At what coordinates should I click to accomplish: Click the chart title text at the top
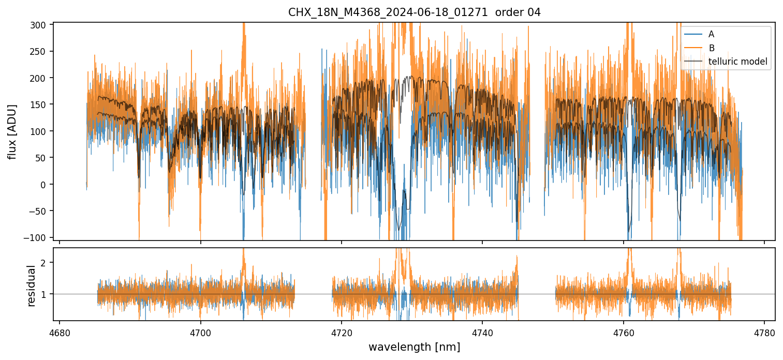(414, 12)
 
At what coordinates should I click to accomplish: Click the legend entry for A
(711, 34)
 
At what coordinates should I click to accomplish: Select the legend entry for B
(712, 48)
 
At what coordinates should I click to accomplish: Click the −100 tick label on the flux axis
(40, 237)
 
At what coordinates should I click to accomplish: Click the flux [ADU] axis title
(12, 131)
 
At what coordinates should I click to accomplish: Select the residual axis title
(32, 286)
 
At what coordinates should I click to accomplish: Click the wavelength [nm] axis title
(414, 347)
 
